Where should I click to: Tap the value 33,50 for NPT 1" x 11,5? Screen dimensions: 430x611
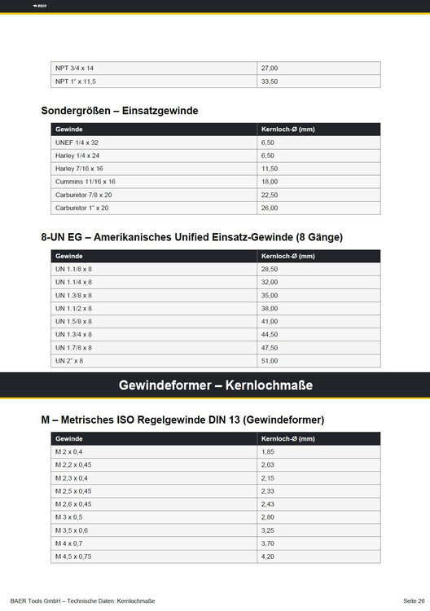tap(270, 81)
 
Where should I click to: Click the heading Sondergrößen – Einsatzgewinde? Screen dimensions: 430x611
tap(120, 110)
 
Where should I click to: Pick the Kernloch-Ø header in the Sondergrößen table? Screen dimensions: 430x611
tap(288, 129)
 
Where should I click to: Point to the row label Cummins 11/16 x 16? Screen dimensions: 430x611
tap(86, 182)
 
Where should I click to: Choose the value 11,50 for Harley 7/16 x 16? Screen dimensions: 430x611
tap(270, 169)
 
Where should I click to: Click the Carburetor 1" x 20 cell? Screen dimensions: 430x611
tap(81, 209)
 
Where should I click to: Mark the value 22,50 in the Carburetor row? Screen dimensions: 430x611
tap(270, 196)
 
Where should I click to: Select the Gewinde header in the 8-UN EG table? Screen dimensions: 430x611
tap(68, 256)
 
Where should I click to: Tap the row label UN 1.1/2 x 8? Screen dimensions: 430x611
tap(73, 308)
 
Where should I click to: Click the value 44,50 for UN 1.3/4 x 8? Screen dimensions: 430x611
tap(270, 334)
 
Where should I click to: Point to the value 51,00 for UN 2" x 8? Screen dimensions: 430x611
tap(270, 360)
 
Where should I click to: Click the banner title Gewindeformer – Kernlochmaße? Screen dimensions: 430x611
tap(215, 385)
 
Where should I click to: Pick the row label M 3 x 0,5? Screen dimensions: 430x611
tap(70, 516)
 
